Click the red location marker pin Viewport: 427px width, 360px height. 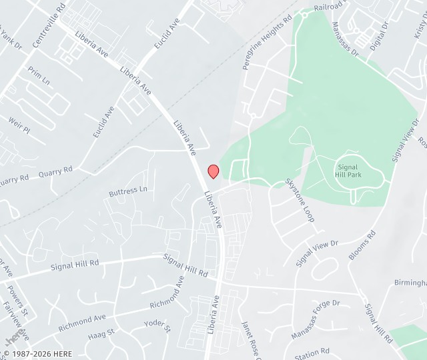[213, 171]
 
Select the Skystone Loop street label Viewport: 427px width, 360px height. [300, 200]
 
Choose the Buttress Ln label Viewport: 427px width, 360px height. [127, 191]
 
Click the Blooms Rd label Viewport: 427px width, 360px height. [362, 245]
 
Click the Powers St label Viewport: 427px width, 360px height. [17, 300]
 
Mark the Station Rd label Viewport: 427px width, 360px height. [312, 351]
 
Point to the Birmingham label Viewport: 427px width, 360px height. [410, 283]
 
